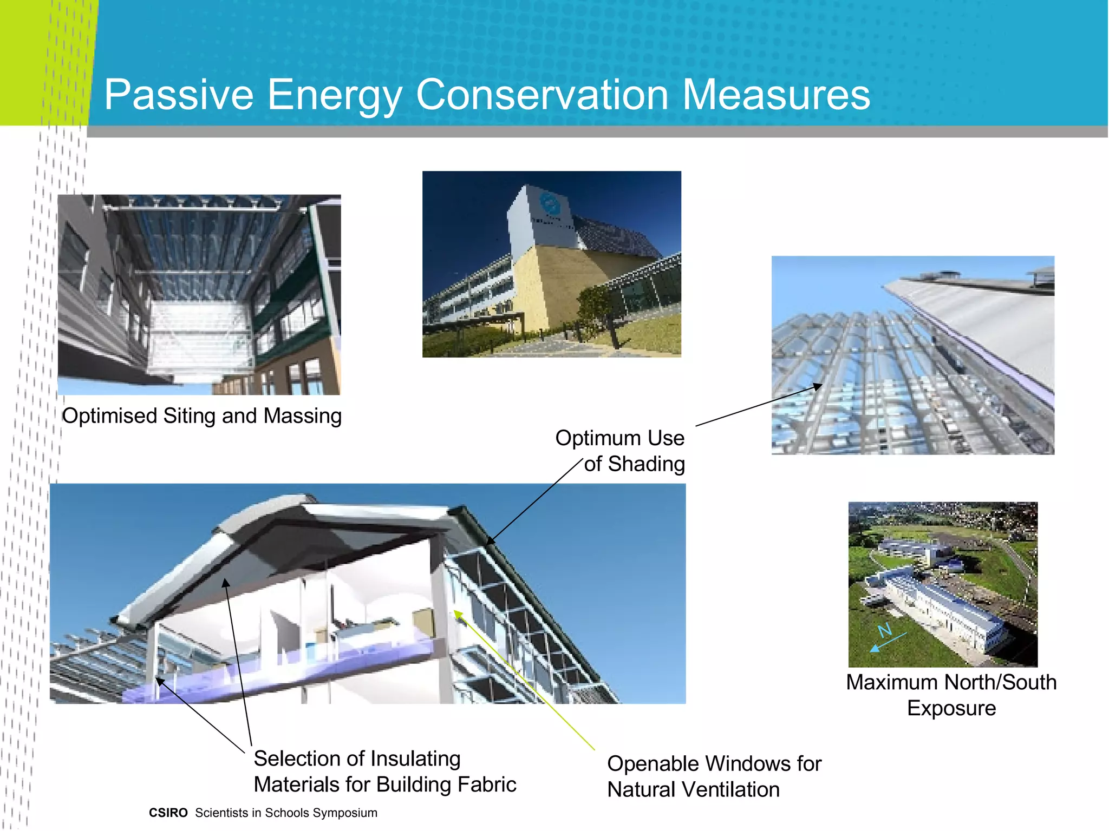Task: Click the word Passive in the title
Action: coord(179,95)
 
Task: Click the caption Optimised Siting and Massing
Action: coord(201,416)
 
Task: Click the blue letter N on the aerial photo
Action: coord(884,630)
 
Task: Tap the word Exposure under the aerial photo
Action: coord(951,708)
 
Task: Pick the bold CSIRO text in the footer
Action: coord(168,813)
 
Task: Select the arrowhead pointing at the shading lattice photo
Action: coord(818,386)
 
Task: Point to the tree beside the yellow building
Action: coord(598,308)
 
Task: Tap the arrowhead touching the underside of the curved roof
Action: coord(226,583)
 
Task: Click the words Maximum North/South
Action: coord(951,682)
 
